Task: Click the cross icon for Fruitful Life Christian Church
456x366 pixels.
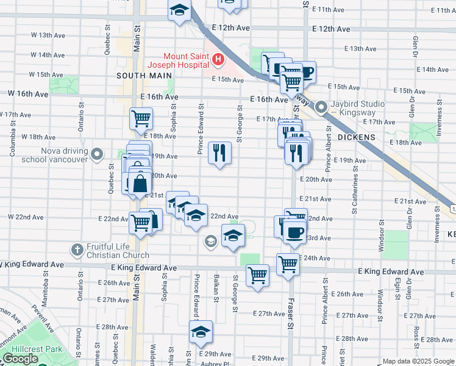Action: (77, 249)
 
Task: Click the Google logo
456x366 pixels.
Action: (21, 359)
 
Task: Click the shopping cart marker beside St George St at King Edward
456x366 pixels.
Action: (257, 274)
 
